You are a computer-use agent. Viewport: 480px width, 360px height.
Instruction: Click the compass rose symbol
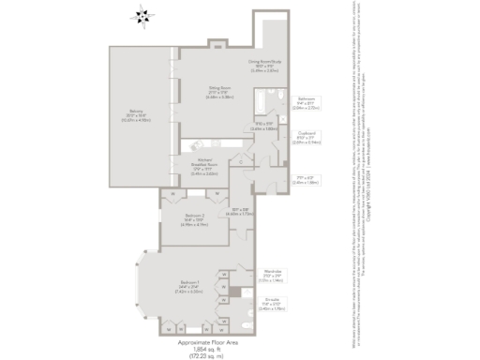point(141,14)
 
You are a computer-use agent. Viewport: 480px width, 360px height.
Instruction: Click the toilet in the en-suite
point(246,324)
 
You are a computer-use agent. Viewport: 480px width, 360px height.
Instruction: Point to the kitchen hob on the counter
point(198,144)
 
